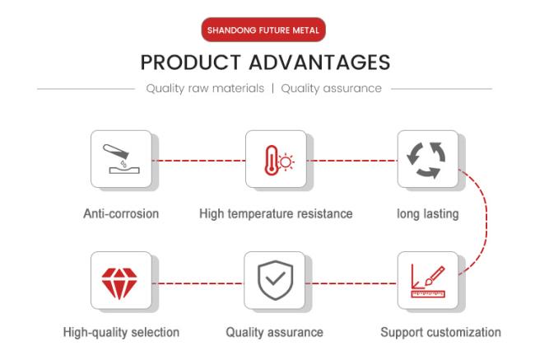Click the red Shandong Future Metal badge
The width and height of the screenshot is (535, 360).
[x=263, y=30]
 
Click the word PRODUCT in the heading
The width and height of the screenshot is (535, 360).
[x=191, y=63]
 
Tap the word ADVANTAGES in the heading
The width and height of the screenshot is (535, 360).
[x=319, y=63]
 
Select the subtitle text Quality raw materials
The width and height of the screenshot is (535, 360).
[x=205, y=88]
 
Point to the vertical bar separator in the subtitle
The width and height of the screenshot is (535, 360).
[x=273, y=88]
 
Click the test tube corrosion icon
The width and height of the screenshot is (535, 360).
[x=121, y=158]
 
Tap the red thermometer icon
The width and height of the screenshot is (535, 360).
[x=272, y=160]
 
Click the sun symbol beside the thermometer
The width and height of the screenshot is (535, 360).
[x=286, y=162]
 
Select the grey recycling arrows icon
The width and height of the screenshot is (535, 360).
[x=426, y=160]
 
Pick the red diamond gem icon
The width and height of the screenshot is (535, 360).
[x=119, y=283]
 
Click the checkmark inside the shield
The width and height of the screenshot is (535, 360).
[x=276, y=278]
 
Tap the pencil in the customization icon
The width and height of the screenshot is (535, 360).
[x=435, y=276]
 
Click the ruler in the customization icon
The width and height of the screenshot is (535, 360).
[x=428, y=294]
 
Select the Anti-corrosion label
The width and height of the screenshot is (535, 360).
[x=121, y=214]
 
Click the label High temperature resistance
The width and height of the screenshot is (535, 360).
[x=276, y=214]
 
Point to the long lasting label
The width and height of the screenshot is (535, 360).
[x=428, y=214]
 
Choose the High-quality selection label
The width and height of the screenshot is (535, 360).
[x=121, y=332]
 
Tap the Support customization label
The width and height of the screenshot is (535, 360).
[x=440, y=332]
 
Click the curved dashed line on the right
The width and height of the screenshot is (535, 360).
[x=486, y=222]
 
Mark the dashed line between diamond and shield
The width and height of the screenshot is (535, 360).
[x=198, y=283]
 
